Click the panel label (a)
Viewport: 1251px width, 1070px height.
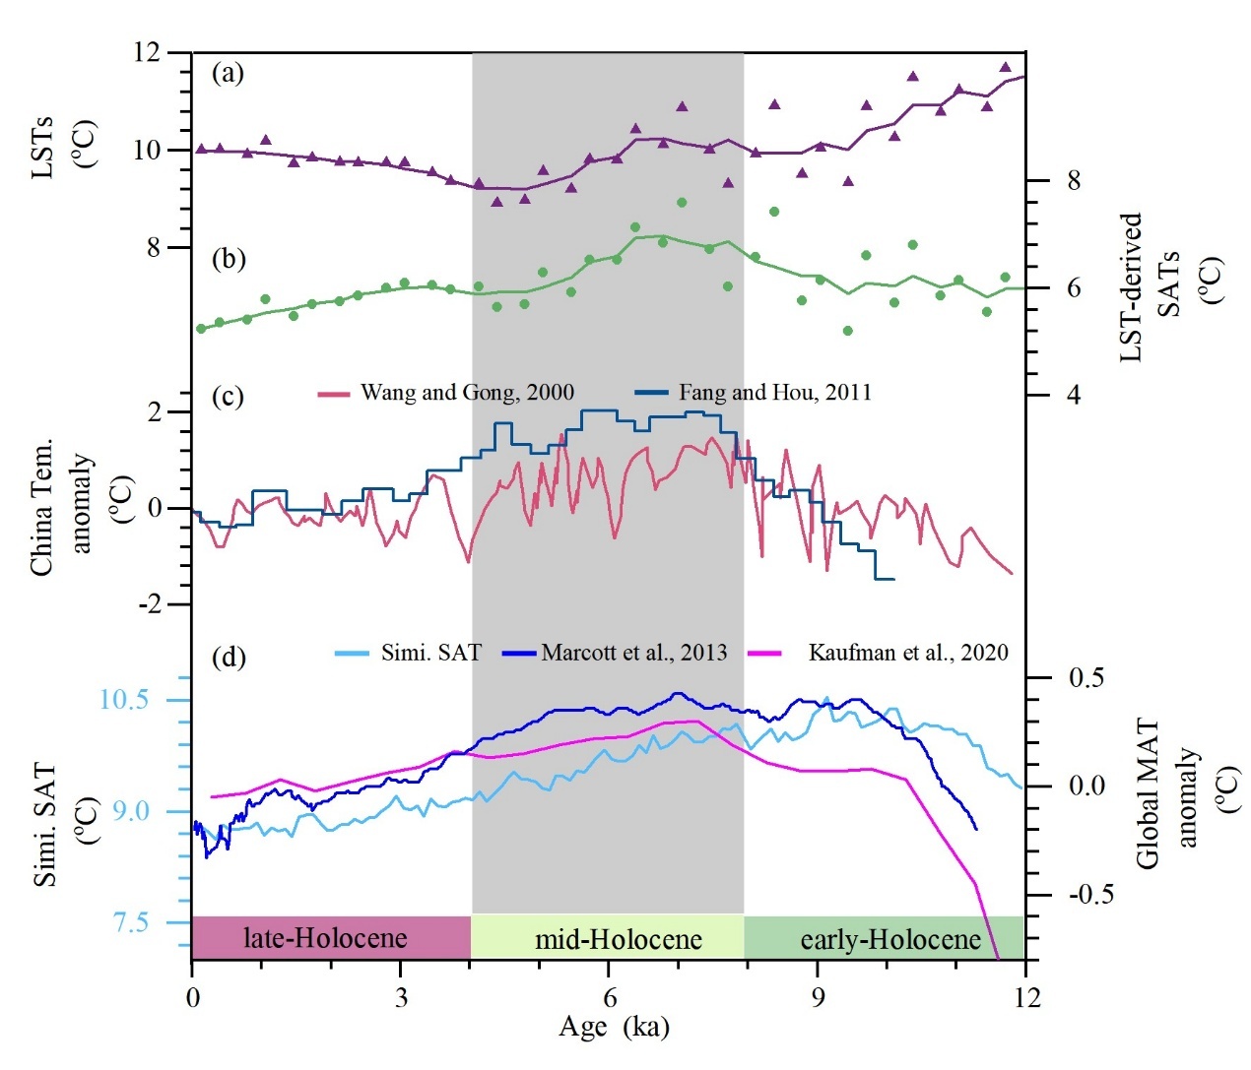click(x=228, y=73)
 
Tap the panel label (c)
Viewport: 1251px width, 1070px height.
click(x=228, y=396)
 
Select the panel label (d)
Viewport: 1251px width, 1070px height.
click(x=229, y=657)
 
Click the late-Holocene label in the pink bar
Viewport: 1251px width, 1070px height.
click(x=325, y=938)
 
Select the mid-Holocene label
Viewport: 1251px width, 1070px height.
click(x=618, y=940)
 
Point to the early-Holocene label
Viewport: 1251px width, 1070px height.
click(x=890, y=940)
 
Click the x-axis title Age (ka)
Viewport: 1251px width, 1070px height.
click(x=614, y=1027)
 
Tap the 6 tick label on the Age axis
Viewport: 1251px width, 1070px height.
click(x=610, y=997)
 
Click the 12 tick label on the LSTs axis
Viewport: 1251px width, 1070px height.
click(x=147, y=52)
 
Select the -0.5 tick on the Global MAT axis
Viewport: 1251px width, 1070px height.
click(x=1090, y=895)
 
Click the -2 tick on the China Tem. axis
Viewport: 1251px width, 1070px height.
click(x=150, y=604)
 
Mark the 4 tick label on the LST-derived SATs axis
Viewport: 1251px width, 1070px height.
click(x=1074, y=395)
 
